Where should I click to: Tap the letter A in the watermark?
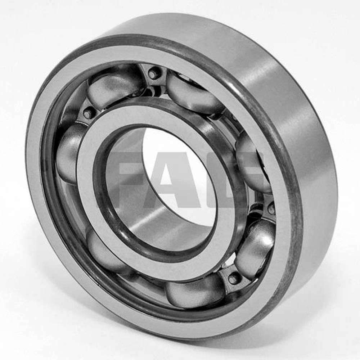point(176,180)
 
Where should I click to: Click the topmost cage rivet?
point(154,73)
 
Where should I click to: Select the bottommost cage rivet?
point(234,278)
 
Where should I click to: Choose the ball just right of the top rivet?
point(194,93)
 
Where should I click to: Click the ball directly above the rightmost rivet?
point(252,162)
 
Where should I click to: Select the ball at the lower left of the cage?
point(104,252)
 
